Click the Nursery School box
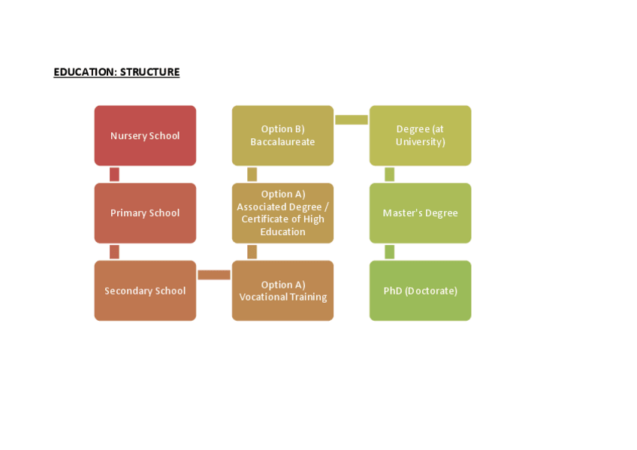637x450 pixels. (x=145, y=135)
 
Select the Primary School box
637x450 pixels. (x=145, y=213)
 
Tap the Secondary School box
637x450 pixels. (x=145, y=291)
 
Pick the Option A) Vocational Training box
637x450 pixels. (x=282, y=291)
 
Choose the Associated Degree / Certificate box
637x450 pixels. (x=282, y=213)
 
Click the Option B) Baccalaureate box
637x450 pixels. (x=282, y=135)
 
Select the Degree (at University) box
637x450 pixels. (x=420, y=135)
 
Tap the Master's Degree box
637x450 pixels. (x=420, y=213)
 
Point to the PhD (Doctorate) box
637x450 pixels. (x=420, y=291)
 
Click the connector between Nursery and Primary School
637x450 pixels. (x=114, y=174)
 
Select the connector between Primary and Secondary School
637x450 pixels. (x=114, y=252)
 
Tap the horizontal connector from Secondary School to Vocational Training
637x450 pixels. (x=214, y=274)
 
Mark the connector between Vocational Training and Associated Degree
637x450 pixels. (x=252, y=252)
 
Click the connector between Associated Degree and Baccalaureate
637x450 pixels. (x=252, y=174)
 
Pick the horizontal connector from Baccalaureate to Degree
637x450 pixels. (x=352, y=119)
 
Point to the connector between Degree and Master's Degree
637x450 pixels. (x=389, y=174)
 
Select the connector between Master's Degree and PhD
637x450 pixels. (x=389, y=252)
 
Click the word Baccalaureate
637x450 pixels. (x=282, y=142)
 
